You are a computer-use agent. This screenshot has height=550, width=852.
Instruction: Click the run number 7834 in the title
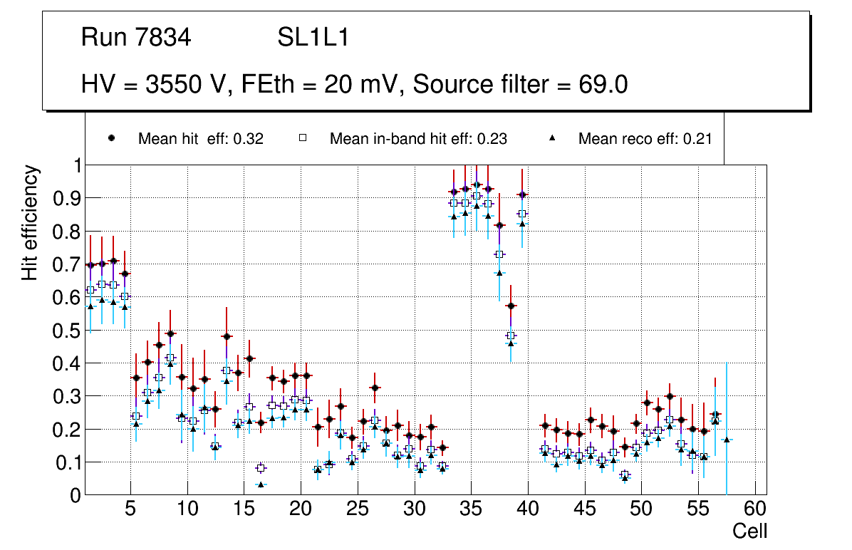pos(164,38)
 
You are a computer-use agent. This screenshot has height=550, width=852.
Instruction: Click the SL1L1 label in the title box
pos(313,38)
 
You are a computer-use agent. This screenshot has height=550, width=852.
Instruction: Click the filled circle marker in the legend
pos(112,138)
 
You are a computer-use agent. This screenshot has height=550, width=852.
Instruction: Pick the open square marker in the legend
pos(303,138)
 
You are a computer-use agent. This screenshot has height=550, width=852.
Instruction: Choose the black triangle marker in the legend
pos(554,138)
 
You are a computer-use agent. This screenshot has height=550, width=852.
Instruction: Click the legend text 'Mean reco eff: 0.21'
pos(645,139)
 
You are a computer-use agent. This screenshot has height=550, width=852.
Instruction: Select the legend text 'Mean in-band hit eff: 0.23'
pos(418,139)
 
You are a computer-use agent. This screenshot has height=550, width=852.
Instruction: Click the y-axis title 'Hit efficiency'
pos(30,223)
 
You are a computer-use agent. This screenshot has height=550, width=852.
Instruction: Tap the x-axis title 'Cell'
pos(750,531)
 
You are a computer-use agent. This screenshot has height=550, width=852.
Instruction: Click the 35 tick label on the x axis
pos(471,510)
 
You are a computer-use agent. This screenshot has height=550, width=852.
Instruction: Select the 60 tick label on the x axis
pos(755,510)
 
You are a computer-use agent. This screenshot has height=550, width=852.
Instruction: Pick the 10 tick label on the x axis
pos(187,510)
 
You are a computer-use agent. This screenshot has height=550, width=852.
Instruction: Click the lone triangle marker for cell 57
pos(727,440)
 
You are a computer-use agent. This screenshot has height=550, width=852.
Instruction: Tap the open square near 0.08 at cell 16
pos(261,468)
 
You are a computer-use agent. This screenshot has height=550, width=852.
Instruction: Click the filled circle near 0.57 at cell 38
pos(511,306)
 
